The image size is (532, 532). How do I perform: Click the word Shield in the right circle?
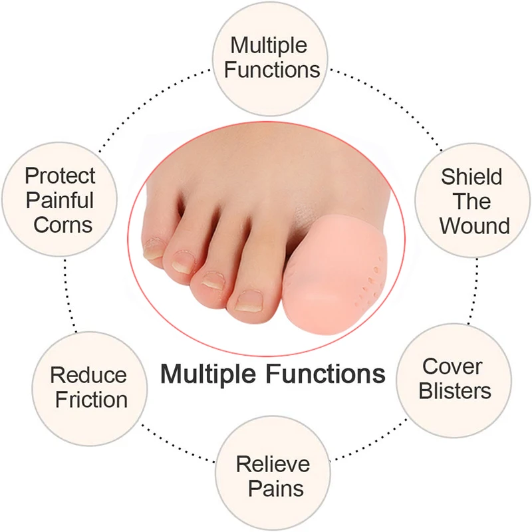[x=471, y=178]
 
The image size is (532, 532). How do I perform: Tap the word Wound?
[x=474, y=225]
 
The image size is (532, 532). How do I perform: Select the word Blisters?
[x=456, y=390]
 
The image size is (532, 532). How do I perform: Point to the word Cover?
[x=453, y=366]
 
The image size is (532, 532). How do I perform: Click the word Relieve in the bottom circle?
[x=273, y=464]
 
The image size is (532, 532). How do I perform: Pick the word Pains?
[x=276, y=489]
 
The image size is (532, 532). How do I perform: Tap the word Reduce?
[x=88, y=375]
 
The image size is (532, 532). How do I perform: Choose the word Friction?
[x=91, y=400]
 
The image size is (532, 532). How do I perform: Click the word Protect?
[x=60, y=176]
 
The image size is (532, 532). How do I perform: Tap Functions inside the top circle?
[x=272, y=69]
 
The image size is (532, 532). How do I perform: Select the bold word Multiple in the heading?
[x=210, y=373]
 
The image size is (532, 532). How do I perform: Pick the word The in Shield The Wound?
[x=472, y=201]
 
